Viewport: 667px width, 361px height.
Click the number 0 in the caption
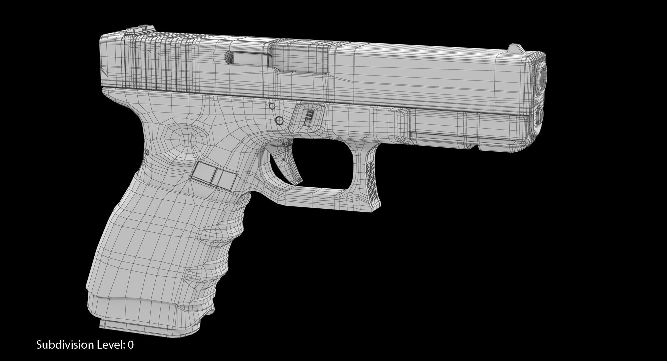[x=131, y=345]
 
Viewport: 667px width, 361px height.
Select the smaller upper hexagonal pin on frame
[x=272, y=106]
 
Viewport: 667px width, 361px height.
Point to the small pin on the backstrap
[x=147, y=152]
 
